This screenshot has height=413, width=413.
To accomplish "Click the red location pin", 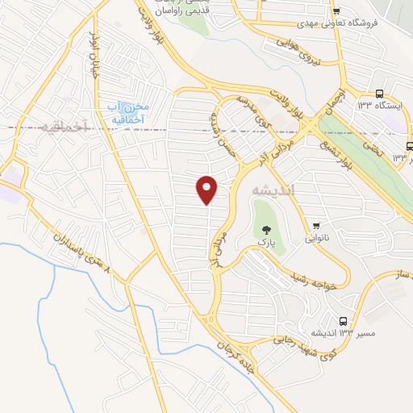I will [x=207, y=190].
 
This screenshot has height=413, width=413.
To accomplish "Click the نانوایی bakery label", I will [x=317, y=238].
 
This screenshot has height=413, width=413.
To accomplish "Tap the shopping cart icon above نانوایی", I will [x=317, y=225].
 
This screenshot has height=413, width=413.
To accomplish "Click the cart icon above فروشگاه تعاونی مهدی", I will [x=336, y=10].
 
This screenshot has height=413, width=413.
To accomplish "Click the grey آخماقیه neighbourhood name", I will [x=60, y=127].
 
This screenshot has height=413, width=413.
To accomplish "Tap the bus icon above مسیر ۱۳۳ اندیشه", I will [x=344, y=320].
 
